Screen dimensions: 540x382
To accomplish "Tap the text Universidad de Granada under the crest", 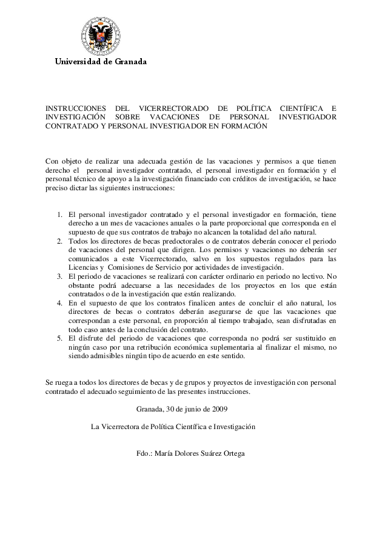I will (x=101, y=62).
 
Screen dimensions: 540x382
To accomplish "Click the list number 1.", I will (x=60, y=215).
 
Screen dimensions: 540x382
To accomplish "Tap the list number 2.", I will (x=60, y=241).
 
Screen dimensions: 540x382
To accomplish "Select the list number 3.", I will (x=60, y=276).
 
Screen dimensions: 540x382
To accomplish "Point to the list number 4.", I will (x=60, y=303).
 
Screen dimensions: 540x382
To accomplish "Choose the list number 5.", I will (x=60, y=338).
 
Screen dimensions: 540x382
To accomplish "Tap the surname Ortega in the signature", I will (x=232, y=453).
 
